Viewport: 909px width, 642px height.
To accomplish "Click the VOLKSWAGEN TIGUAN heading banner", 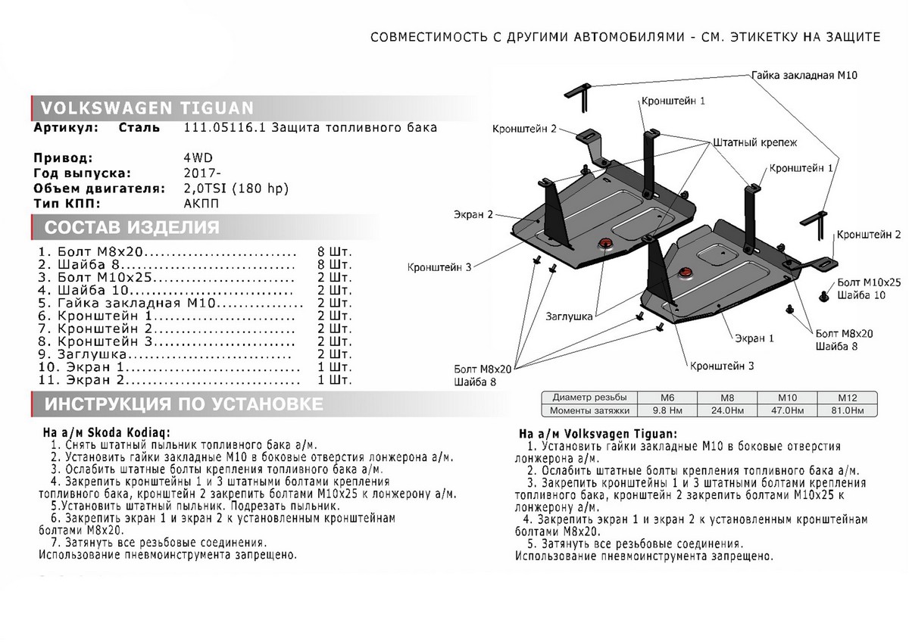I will click(148, 107).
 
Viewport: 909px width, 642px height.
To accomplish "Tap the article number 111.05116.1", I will click(226, 128).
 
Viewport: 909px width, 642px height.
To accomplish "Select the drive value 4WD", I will click(198, 158).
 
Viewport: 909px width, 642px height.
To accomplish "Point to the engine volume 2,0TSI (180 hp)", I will click(236, 189).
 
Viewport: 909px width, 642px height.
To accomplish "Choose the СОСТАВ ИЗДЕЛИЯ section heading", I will click(133, 228).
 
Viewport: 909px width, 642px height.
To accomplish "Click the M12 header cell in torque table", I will click(845, 397).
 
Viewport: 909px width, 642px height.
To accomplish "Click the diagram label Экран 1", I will click(752, 339).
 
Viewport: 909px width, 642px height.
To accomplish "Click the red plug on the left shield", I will click(605, 243).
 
